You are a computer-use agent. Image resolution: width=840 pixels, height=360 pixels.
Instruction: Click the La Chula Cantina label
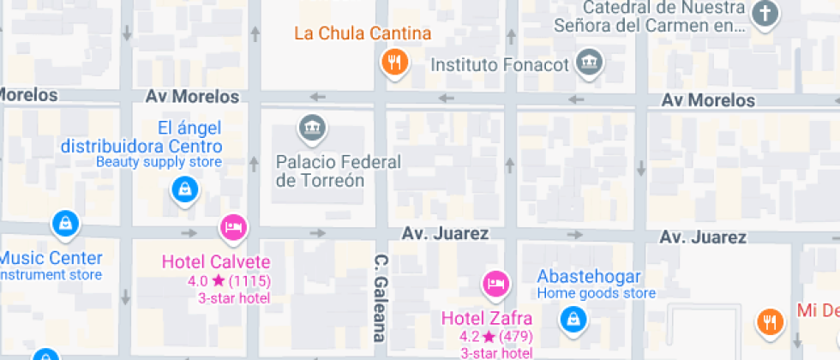point(362,34)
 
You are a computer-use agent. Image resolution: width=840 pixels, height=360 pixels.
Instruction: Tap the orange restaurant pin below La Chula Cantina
point(394,63)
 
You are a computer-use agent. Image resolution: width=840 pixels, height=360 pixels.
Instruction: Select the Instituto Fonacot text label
point(500,64)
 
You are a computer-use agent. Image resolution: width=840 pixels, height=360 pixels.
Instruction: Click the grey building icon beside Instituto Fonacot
point(590,63)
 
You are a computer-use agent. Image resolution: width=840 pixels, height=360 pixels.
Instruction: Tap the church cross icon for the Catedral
point(765,15)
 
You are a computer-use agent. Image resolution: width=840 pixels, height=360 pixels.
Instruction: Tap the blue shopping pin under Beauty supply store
point(184,189)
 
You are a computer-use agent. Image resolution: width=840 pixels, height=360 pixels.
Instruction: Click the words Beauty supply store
point(159,161)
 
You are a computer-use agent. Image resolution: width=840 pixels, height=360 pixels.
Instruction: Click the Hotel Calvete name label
point(216,261)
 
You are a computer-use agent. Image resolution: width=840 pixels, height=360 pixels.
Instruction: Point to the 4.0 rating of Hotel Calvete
point(197,280)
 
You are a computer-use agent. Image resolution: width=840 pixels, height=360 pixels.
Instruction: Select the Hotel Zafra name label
point(480,318)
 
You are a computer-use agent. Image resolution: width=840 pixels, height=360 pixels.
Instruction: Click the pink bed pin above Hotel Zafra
point(495,284)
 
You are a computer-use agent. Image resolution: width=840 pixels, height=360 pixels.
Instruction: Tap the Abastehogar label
point(589,277)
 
